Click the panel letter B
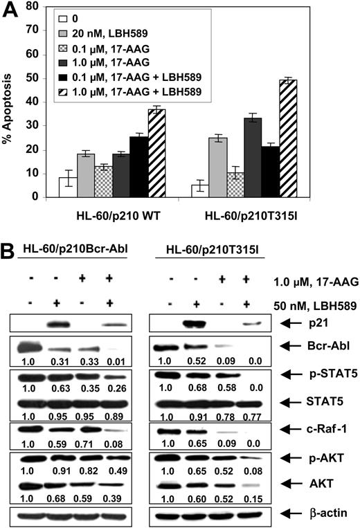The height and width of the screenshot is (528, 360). point(12,248)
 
